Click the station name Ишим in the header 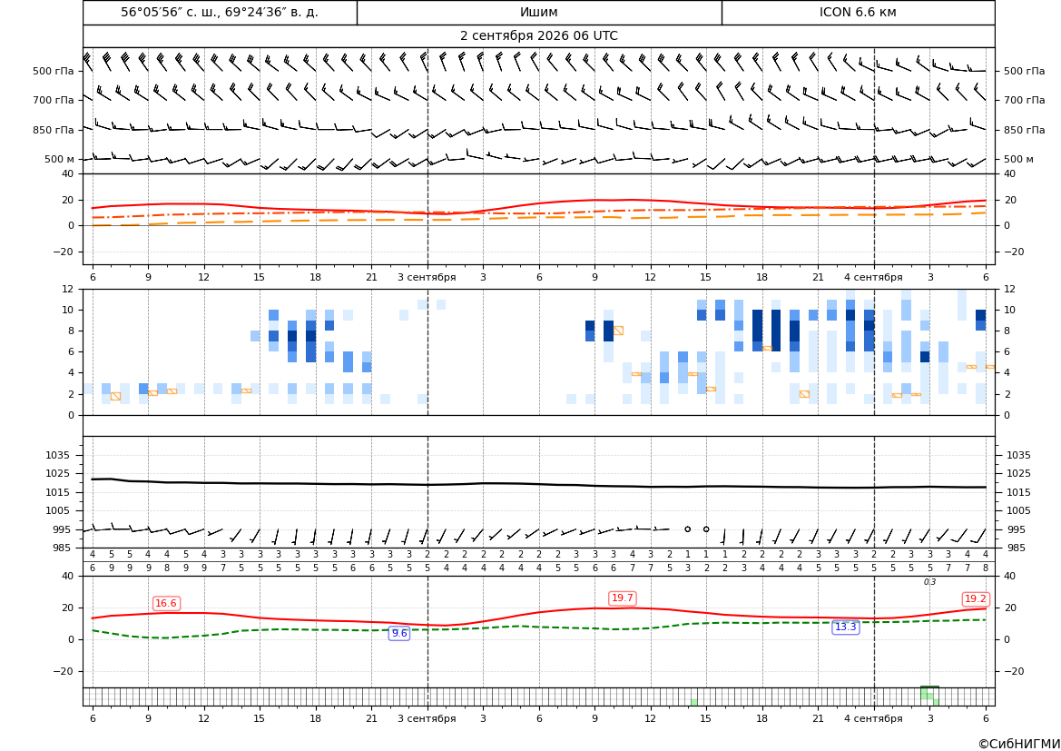click(538, 12)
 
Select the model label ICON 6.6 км click(858, 12)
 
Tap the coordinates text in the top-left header click(220, 12)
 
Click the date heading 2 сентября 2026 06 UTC click(538, 36)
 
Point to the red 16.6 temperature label click(166, 603)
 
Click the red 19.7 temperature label click(622, 598)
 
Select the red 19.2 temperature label click(975, 598)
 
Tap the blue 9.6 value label click(399, 633)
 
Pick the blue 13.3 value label click(845, 627)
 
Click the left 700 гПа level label click(54, 100)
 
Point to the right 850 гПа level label click(1024, 130)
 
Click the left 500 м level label click(60, 159)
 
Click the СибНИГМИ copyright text click(1019, 744)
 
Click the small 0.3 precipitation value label click(929, 582)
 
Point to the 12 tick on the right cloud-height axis click(1009, 289)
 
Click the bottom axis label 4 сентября click(873, 718)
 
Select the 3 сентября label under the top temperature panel click(427, 277)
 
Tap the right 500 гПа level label click(1024, 71)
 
